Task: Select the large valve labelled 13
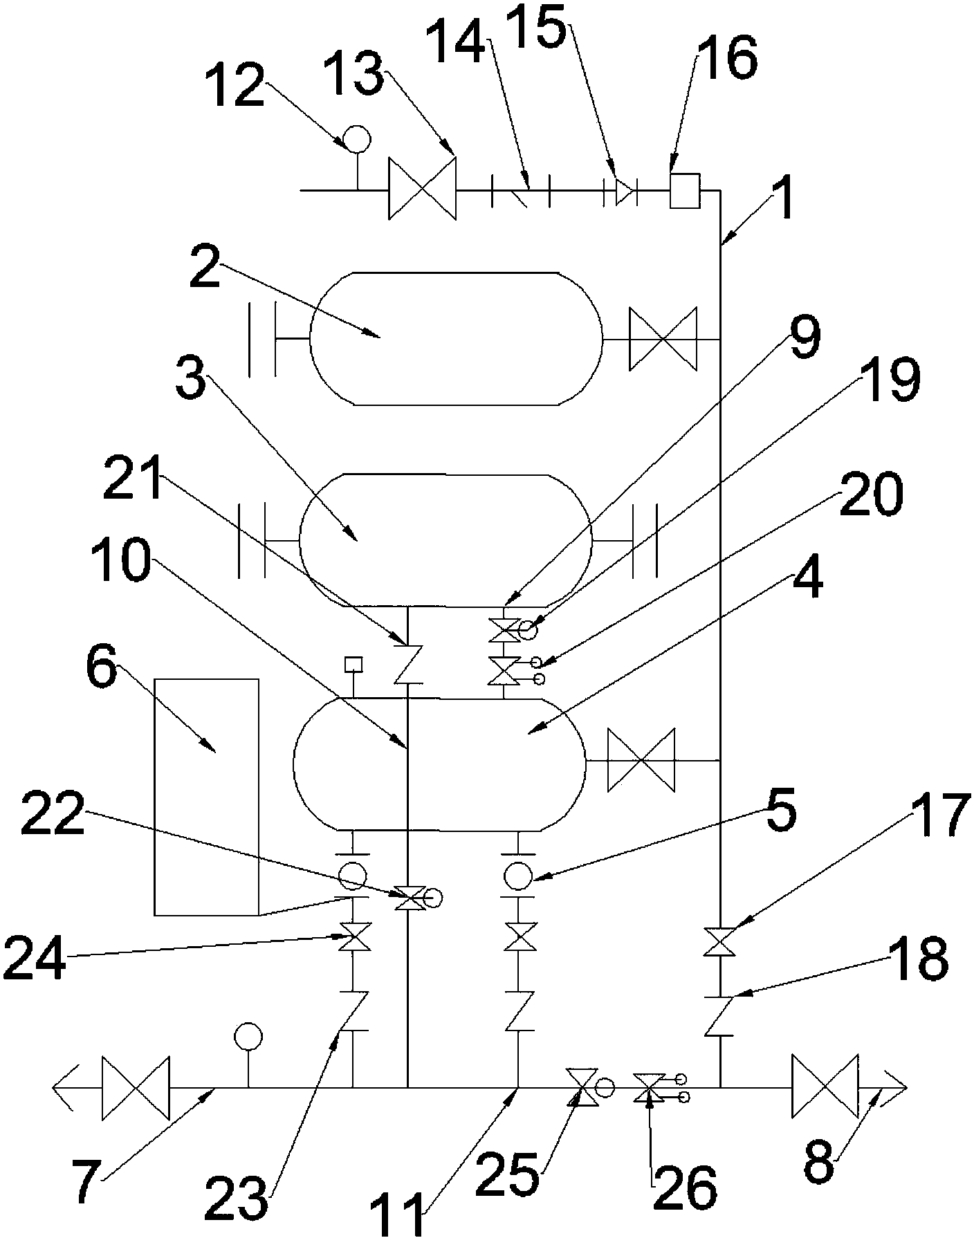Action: pyautogui.click(x=422, y=189)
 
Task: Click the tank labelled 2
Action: pyautogui.click(x=456, y=339)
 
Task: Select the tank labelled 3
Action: pyautogui.click(x=446, y=540)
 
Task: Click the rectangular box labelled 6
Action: pyautogui.click(x=207, y=797)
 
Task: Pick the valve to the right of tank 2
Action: pyautogui.click(x=663, y=340)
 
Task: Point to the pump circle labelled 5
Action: pyautogui.click(x=518, y=876)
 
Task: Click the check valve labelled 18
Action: pyautogui.click(x=720, y=1015)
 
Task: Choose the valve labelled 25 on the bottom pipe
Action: pyautogui.click(x=580, y=1087)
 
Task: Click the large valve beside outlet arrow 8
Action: pyautogui.click(x=825, y=1087)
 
